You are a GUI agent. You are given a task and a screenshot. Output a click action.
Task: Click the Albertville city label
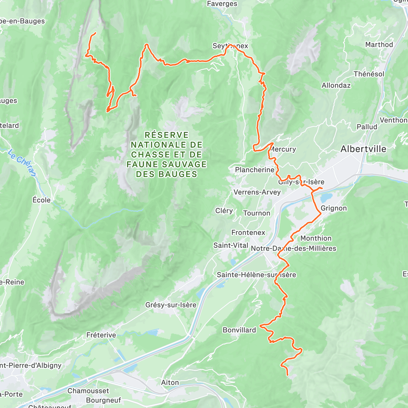pyautogui.click(x=363, y=149)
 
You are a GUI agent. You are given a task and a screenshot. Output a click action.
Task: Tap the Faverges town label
pyautogui.click(x=222, y=4)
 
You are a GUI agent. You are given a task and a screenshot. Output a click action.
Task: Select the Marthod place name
pyautogui.click(x=379, y=45)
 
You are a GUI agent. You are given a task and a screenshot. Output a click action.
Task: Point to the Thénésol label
pyautogui.click(x=369, y=74)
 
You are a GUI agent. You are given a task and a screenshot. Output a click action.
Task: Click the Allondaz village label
pyautogui.click(x=336, y=85)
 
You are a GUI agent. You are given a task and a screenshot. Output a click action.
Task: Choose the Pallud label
pyautogui.click(x=367, y=127)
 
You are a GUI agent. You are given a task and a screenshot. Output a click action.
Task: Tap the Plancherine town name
pyautogui.click(x=254, y=170)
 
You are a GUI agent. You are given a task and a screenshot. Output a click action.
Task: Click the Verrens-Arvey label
pyautogui.click(x=257, y=192)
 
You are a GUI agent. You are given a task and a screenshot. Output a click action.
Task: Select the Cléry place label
pyautogui.click(x=224, y=211)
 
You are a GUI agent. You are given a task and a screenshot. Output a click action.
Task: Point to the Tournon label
pyautogui.click(x=257, y=213)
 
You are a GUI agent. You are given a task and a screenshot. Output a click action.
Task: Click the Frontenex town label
pyautogui.click(x=248, y=233)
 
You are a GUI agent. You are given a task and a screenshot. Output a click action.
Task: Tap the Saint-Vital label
pyautogui.click(x=231, y=245)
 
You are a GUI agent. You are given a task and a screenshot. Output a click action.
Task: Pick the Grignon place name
pyautogui.click(x=334, y=208)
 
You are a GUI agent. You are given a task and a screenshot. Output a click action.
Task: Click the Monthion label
pyautogui.click(x=316, y=238)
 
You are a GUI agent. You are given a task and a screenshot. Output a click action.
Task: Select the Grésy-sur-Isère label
pyautogui.click(x=171, y=305)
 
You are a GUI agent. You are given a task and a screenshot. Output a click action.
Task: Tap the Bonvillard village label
pyautogui.click(x=239, y=330)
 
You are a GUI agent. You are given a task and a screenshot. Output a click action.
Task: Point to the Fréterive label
pyautogui.click(x=101, y=335)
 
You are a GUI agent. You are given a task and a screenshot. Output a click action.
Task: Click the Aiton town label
pyautogui.click(x=170, y=382)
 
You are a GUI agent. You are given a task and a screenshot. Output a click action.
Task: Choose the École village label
pyautogui.click(x=41, y=200)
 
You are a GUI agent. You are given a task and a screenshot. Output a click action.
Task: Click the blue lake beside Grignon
pyautogui.click(x=326, y=198)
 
